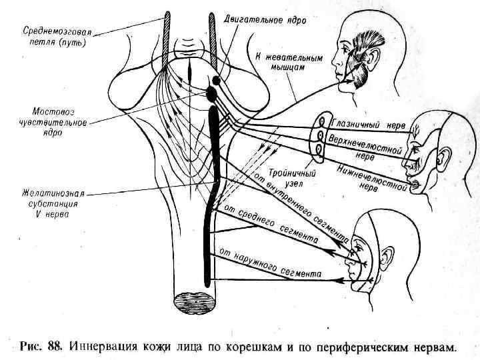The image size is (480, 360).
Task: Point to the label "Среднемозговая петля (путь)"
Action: (x=57, y=37)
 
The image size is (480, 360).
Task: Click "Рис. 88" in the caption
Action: (x=41, y=347)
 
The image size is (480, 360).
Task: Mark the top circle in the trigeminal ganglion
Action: (x=321, y=122)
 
